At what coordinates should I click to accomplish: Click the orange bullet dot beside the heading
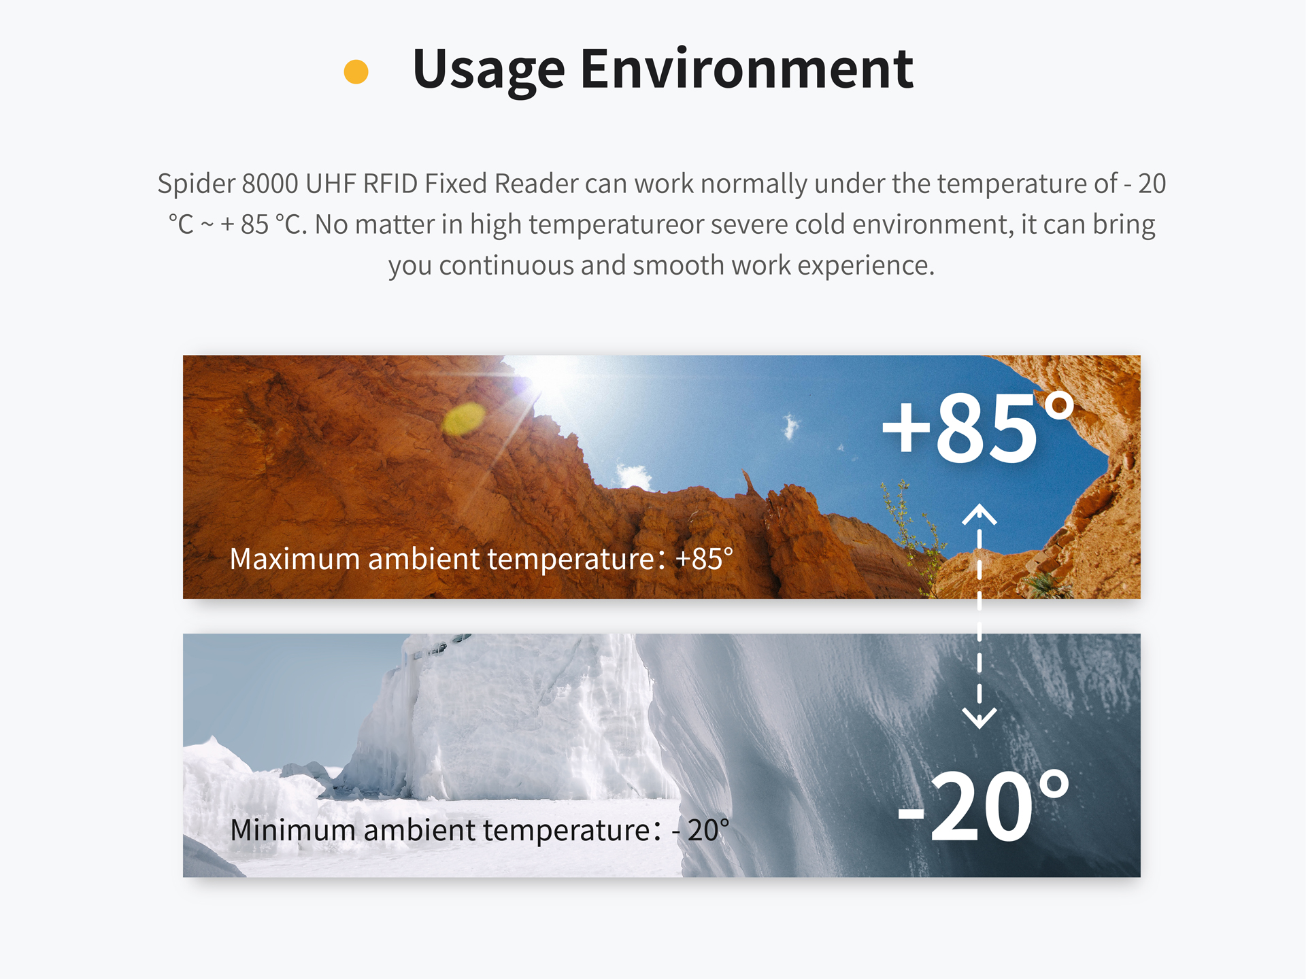click(x=356, y=71)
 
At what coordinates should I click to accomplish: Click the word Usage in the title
click(x=488, y=70)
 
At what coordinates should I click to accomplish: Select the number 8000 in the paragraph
click(x=269, y=184)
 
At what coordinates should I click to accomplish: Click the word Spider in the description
click(x=196, y=184)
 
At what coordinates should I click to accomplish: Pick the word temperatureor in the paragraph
click(x=616, y=225)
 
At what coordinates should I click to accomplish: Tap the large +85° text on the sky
click(x=977, y=428)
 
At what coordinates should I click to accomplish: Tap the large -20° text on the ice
click(x=983, y=806)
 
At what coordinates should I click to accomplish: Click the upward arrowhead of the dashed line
click(x=979, y=514)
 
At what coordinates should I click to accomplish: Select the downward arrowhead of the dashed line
click(x=979, y=718)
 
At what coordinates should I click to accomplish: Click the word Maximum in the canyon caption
click(x=295, y=559)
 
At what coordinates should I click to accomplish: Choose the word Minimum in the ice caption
click(x=292, y=830)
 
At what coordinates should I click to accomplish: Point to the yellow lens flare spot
click(x=464, y=418)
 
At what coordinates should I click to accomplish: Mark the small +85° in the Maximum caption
click(x=705, y=559)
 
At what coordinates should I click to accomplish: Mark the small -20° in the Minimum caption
click(x=701, y=830)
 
